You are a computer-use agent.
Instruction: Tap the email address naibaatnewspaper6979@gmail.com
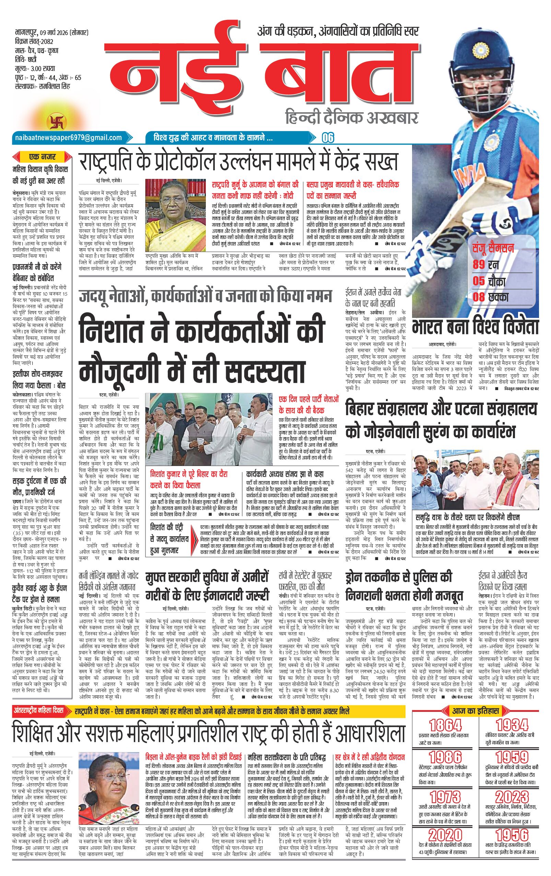coord(68,137)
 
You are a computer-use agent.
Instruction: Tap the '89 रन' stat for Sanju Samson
coord(485,264)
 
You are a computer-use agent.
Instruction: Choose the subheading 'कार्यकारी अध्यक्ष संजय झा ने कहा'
coord(284,474)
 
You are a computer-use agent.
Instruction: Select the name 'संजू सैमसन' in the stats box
coord(493,249)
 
